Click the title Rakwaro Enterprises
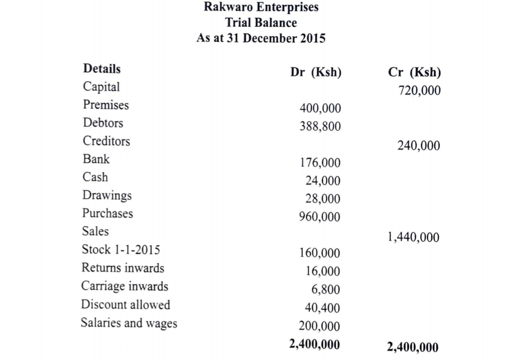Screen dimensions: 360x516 point(261,8)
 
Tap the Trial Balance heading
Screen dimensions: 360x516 point(261,23)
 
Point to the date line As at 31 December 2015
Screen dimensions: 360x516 point(261,38)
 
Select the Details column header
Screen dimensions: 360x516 point(101,69)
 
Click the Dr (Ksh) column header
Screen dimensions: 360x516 point(316,73)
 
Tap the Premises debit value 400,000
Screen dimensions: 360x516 point(320,109)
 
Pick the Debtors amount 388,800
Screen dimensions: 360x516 point(320,126)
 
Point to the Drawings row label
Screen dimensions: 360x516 point(107,195)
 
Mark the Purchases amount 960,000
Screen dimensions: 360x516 point(320,217)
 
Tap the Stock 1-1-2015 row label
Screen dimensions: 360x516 point(117,250)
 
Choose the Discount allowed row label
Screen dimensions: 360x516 point(125,305)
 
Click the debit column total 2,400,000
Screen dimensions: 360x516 point(314,344)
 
